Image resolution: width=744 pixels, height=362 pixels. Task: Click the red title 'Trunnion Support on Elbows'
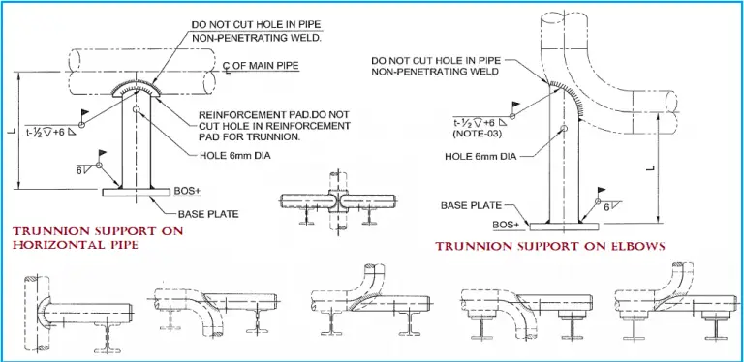[550, 247]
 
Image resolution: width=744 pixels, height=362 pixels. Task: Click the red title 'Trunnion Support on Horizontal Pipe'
[85, 239]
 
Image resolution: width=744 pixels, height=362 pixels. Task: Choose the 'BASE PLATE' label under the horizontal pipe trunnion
[203, 213]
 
